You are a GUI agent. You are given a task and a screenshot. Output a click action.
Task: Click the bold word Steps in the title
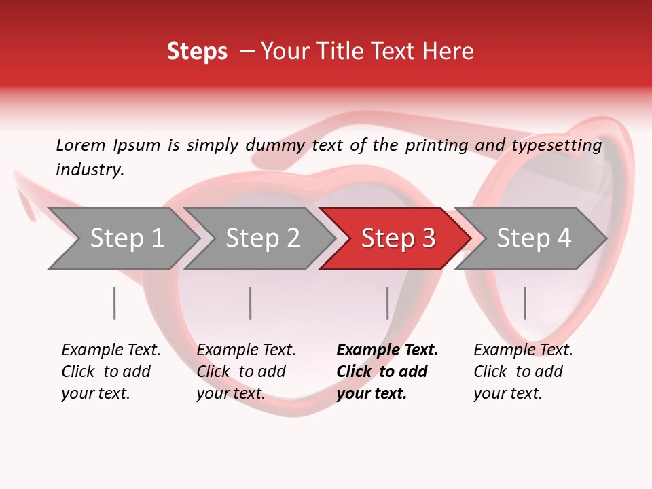pos(197,52)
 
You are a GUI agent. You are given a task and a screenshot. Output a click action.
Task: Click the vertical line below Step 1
pos(115,303)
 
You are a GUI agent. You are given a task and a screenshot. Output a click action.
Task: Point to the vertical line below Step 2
pos(251,303)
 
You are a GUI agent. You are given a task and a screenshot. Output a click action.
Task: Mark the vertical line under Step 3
pos(387,303)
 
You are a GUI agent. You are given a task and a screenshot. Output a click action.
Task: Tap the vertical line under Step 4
pos(524,303)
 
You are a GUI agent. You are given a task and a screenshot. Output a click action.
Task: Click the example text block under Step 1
pos(111,372)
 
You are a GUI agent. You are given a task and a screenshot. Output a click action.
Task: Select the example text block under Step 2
pos(246,372)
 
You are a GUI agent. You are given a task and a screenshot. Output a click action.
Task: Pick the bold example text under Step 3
pos(386,372)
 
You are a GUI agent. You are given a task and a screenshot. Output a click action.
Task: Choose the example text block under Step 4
pos(523,372)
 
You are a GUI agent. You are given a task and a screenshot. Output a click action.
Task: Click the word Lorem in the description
pos(81,145)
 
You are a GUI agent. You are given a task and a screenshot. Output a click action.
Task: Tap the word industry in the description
pos(90,170)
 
